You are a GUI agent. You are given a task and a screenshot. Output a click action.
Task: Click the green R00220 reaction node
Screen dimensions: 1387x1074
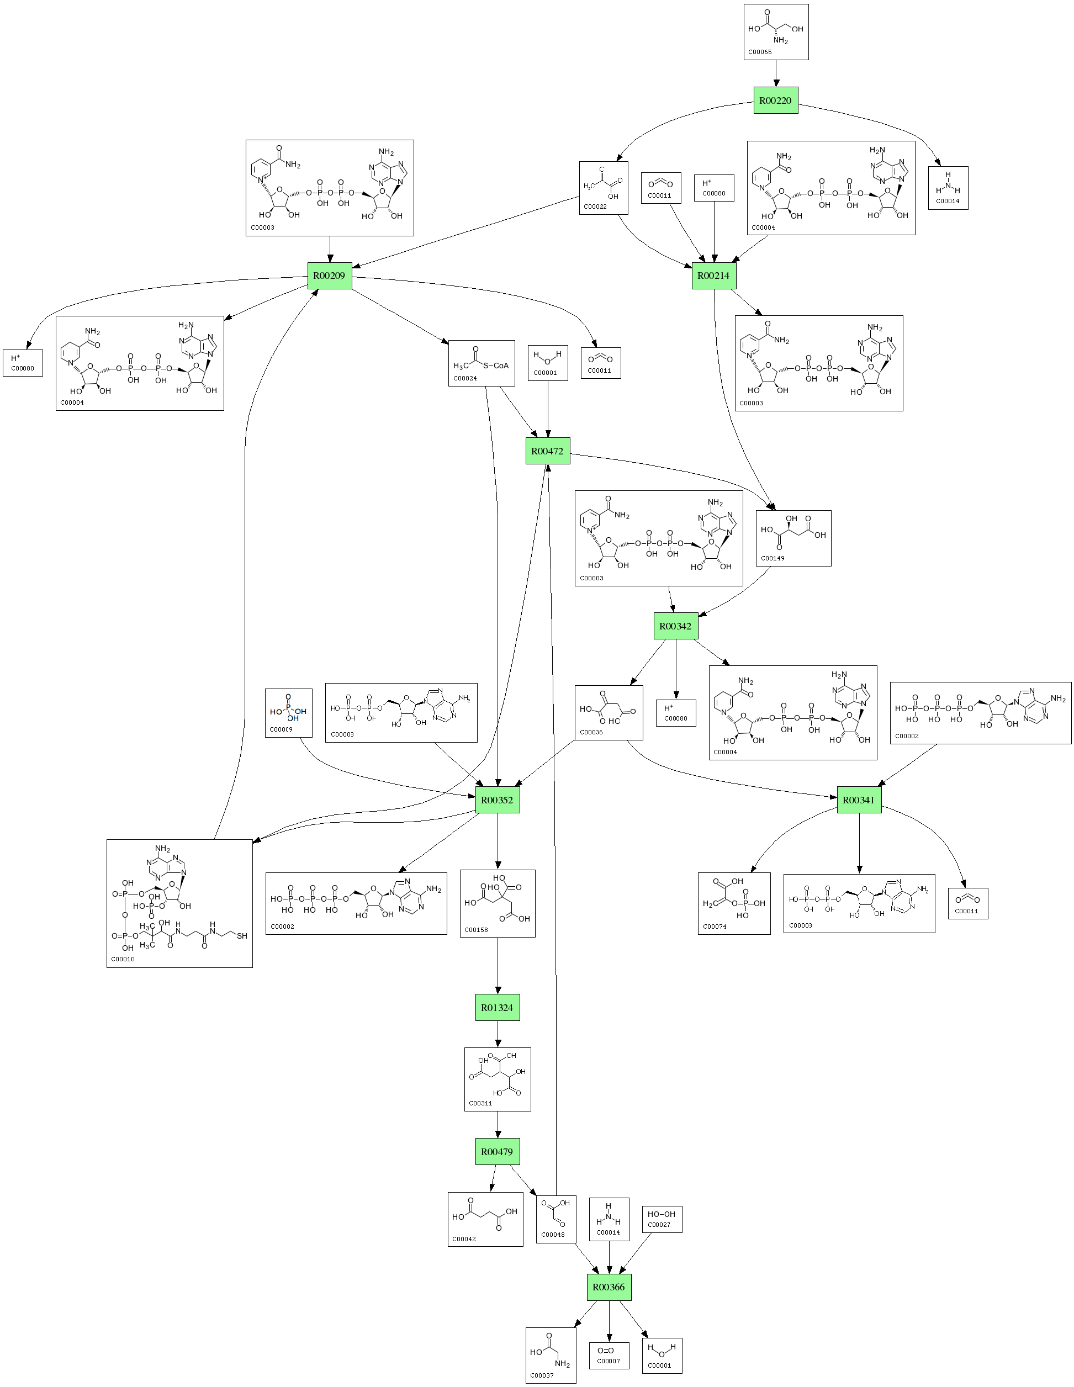click(775, 100)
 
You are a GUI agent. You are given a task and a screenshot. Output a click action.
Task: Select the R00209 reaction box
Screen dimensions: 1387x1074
click(330, 276)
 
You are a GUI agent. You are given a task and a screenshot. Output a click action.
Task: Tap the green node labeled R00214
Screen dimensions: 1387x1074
click(713, 276)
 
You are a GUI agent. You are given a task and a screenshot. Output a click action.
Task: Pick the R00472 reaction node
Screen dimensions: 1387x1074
click(547, 451)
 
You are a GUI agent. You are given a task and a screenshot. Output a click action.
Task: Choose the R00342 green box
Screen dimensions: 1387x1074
click(675, 626)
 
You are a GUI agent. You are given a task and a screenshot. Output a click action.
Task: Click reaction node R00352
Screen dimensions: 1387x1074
click(498, 800)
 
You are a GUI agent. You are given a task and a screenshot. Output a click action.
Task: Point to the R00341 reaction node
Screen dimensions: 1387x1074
click(859, 800)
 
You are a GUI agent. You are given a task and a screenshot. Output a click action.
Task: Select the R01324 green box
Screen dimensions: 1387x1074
click(498, 1007)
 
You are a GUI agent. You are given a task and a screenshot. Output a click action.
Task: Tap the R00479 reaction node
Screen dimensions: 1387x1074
click(498, 1151)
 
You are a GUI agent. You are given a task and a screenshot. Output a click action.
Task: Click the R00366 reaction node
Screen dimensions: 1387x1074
click(609, 1287)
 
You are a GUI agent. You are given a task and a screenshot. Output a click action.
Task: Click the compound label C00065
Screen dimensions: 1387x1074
click(760, 52)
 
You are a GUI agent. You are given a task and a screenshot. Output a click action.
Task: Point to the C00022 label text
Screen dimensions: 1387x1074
click(595, 207)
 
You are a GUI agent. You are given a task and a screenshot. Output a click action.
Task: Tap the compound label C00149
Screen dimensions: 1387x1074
click(773, 558)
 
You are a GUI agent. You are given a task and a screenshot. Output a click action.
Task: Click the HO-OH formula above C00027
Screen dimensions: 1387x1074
click(661, 1214)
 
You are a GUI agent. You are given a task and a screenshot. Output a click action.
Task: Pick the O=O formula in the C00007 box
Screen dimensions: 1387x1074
click(605, 1350)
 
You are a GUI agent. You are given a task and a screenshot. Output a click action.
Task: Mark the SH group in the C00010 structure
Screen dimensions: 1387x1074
click(242, 935)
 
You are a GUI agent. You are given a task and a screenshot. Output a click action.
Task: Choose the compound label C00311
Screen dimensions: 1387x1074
click(480, 1103)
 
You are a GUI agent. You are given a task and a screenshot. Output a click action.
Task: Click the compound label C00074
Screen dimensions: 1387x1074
click(715, 927)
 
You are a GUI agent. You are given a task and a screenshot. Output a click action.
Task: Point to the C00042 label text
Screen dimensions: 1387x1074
click(464, 1238)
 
